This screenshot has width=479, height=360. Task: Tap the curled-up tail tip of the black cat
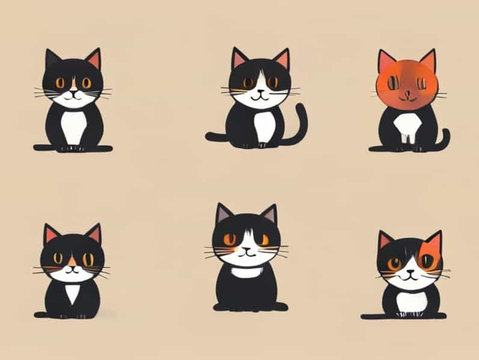click(x=302, y=108)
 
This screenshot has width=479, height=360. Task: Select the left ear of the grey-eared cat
click(x=224, y=213)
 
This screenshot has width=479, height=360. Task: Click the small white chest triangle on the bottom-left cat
click(x=73, y=293)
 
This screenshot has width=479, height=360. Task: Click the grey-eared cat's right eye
click(x=263, y=240)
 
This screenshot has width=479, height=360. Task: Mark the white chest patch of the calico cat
click(x=412, y=301)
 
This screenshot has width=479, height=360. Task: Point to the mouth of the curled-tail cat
click(x=259, y=95)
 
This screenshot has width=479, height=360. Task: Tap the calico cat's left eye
click(x=394, y=263)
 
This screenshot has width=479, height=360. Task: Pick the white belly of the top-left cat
click(x=73, y=127)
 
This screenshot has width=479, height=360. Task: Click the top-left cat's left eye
click(x=61, y=83)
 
